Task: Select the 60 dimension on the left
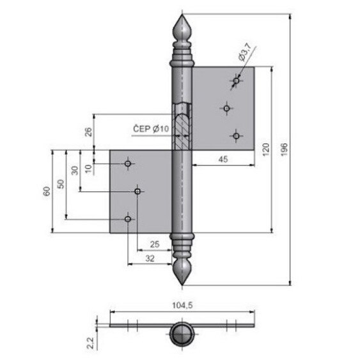click(47, 192)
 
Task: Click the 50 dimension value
click(61, 185)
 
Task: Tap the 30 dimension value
click(75, 170)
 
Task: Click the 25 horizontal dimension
click(154, 244)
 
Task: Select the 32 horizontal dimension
click(150, 258)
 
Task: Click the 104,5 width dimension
click(184, 306)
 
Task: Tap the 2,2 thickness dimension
click(91, 344)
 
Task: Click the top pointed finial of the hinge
click(182, 29)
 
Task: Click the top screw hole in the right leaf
click(236, 81)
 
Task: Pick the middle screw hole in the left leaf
click(138, 191)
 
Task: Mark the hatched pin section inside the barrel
click(182, 125)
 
